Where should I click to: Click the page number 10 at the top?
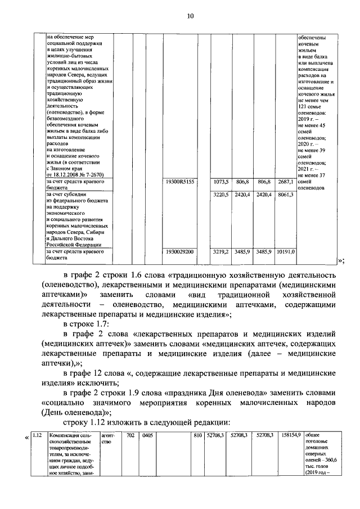pyautogui.click(x=190, y=16)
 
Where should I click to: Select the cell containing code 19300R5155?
pyautogui.click(x=180, y=183)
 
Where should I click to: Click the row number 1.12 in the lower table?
pyautogui.click(x=38, y=434)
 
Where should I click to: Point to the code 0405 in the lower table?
pyautogui.click(x=147, y=434)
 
